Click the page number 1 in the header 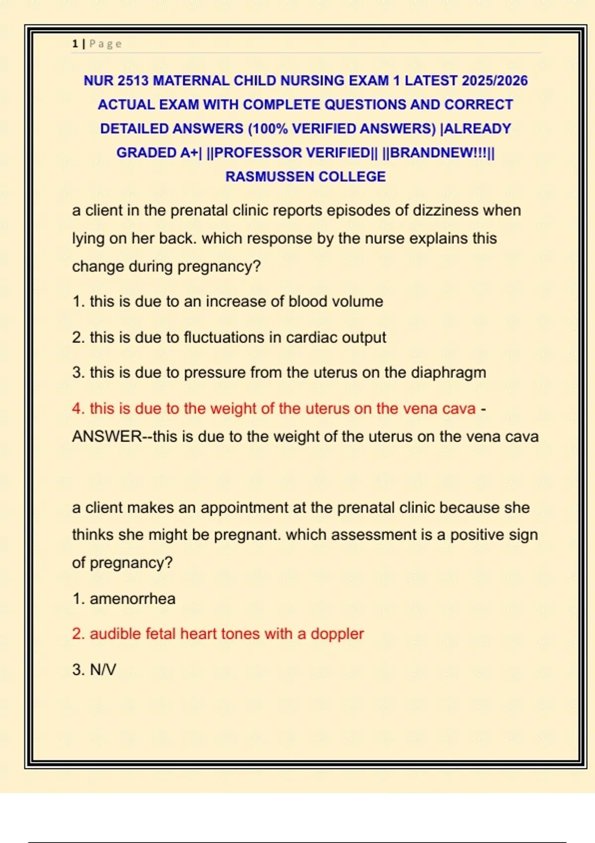click(75, 44)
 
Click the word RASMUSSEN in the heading click(270, 177)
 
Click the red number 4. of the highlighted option click(78, 409)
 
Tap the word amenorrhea click(132, 599)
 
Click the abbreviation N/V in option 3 click(103, 670)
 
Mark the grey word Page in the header click(105, 44)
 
